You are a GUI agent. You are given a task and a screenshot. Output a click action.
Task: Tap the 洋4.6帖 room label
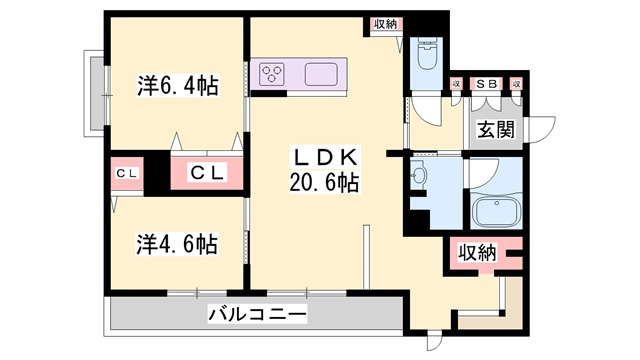[x=176, y=243]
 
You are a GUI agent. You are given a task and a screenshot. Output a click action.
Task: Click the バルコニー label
[x=258, y=315]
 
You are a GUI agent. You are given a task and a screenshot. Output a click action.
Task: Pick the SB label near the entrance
[x=487, y=84]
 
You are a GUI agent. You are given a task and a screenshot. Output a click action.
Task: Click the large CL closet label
[x=208, y=173]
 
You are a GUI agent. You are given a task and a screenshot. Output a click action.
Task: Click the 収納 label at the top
[x=386, y=24]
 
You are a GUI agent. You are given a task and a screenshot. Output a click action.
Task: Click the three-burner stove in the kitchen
[x=273, y=72]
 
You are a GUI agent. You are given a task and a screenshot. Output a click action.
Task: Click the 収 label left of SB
[x=457, y=84]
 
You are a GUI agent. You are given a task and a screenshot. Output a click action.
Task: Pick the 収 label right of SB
[x=517, y=84]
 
